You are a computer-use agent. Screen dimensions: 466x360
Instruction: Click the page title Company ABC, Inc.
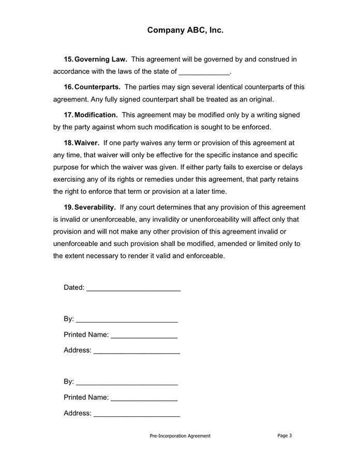(x=185, y=31)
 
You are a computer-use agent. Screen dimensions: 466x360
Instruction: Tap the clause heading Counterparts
(x=97, y=87)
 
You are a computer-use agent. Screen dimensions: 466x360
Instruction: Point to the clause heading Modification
(x=96, y=115)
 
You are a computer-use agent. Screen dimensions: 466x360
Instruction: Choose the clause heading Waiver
(x=87, y=142)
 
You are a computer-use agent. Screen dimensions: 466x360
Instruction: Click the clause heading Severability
(x=95, y=207)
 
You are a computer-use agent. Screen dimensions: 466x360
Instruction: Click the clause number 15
(x=68, y=60)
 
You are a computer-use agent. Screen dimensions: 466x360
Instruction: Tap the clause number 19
(x=68, y=207)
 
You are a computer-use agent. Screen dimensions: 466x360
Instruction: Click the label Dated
(x=74, y=287)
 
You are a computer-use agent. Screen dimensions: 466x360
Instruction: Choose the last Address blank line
(x=137, y=415)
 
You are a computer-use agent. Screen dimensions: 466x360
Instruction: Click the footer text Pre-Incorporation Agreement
(x=180, y=436)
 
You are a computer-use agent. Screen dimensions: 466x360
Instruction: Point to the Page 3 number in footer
(x=284, y=435)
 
